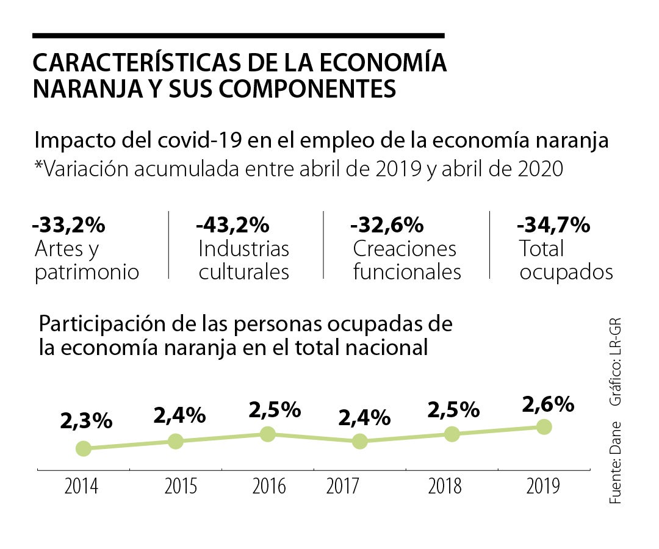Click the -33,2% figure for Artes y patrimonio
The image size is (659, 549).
tap(69, 225)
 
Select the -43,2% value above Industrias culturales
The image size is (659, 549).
tap(232, 225)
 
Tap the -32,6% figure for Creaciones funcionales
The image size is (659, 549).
tap(387, 225)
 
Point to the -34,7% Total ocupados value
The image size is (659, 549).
tap(553, 225)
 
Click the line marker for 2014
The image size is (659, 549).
tap(84, 449)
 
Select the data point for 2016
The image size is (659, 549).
tap(267, 434)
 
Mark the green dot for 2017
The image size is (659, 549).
tap(359, 441)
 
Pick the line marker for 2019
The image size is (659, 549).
tap(544, 426)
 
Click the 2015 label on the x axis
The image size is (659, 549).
tap(181, 487)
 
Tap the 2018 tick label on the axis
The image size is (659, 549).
tap(445, 487)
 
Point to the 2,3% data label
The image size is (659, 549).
tap(86, 420)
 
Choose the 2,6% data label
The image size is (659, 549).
tap(548, 404)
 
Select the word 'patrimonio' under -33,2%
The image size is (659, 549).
tap(87, 272)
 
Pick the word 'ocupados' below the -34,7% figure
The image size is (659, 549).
tap(566, 272)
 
